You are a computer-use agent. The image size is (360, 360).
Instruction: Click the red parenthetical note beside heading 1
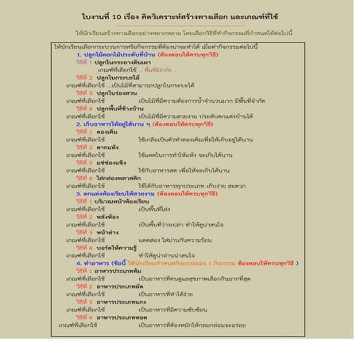[x=184, y=55]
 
